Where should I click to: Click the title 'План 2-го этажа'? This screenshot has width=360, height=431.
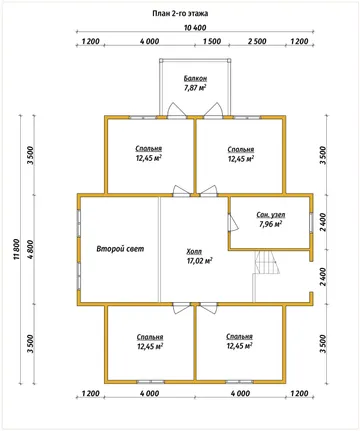pyautogui.click(x=180, y=13)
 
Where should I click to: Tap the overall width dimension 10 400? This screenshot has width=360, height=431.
pyautogui.click(x=195, y=28)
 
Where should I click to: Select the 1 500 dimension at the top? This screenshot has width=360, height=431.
pyautogui.click(x=212, y=41)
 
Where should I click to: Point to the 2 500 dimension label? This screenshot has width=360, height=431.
pyautogui.click(x=257, y=41)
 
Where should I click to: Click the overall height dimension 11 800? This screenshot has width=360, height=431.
pyautogui.click(x=17, y=250)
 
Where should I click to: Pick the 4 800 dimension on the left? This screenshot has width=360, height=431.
pyautogui.click(x=30, y=250)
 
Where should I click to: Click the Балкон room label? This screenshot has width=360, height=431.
pyautogui.click(x=195, y=79)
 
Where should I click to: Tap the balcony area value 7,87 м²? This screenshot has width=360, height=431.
pyautogui.click(x=195, y=88)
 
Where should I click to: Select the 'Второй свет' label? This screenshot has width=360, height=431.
pyautogui.click(x=120, y=249)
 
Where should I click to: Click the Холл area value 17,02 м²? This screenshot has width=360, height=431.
pyautogui.click(x=200, y=261)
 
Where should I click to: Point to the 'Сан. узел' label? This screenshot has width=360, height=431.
pyautogui.click(x=271, y=215)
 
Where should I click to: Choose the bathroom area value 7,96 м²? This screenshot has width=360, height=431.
pyautogui.click(x=270, y=224)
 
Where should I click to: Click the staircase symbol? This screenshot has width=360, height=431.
pyautogui.click(x=267, y=263)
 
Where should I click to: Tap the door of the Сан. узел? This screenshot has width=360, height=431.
pyautogui.click(x=233, y=222)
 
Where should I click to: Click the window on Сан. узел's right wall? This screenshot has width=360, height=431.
pyautogui.click(x=311, y=222)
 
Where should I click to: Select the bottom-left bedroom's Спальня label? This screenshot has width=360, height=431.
pyautogui.click(x=150, y=337)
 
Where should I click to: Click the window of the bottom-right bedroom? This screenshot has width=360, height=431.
pyautogui.click(x=239, y=381)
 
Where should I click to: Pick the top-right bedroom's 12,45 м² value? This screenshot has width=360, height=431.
pyautogui.click(x=241, y=159)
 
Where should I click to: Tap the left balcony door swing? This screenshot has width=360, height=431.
pyautogui.click(x=176, y=110)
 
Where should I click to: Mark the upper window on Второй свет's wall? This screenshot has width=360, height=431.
pyautogui.click(x=79, y=222)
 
